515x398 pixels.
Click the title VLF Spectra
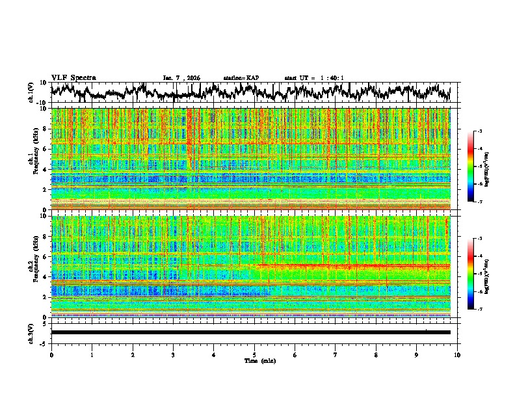pyautogui.click(x=73, y=77)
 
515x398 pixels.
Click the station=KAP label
pyautogui.click(x=241, y=78)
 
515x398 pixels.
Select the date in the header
pyautogui.click(x=182, y=78)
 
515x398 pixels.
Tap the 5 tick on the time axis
pyautogui.click(x=254, y=354)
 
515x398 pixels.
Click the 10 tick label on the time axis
pyautogui.click(x=457, y=354)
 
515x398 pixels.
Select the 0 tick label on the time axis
pyautogui.click(x=51, y=354)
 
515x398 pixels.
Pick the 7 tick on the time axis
pyautogui.click(x=336, y=354)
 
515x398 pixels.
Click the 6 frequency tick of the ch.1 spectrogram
pyautogui.click(x=46, y=149)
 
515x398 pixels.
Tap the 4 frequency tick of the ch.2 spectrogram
pyautogui.click(x=46, y=276)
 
